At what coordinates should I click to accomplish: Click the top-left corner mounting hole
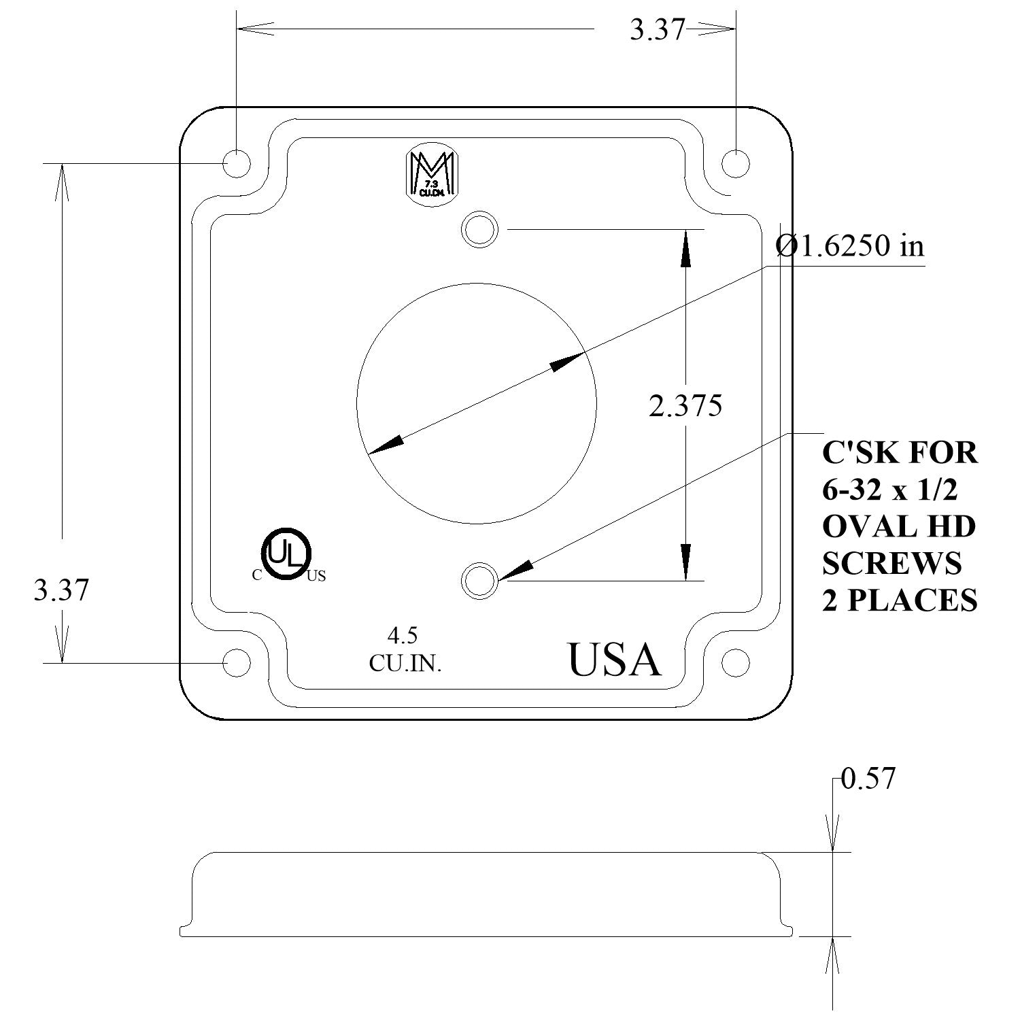[x=237, y=164]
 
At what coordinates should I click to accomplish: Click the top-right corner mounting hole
[x=735, y=164]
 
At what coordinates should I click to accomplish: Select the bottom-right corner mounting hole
[x=735, y=662]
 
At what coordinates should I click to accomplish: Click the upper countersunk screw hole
[x=479, y=229]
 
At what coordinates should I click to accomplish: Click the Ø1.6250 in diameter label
[x=851, y=246]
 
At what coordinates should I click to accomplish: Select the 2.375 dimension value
[x=685, y=407]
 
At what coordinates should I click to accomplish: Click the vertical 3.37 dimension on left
[x=61, y=590]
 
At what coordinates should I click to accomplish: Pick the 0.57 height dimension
[x=868, y=779]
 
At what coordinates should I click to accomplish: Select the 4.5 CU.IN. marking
[x=405, y=649]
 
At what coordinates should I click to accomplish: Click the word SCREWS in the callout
[x=891, y=563]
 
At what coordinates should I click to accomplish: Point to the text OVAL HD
[x=898, y=526]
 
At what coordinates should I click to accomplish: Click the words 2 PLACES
[x=899, y=600]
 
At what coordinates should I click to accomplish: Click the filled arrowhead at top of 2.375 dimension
[x=685, y=248]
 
